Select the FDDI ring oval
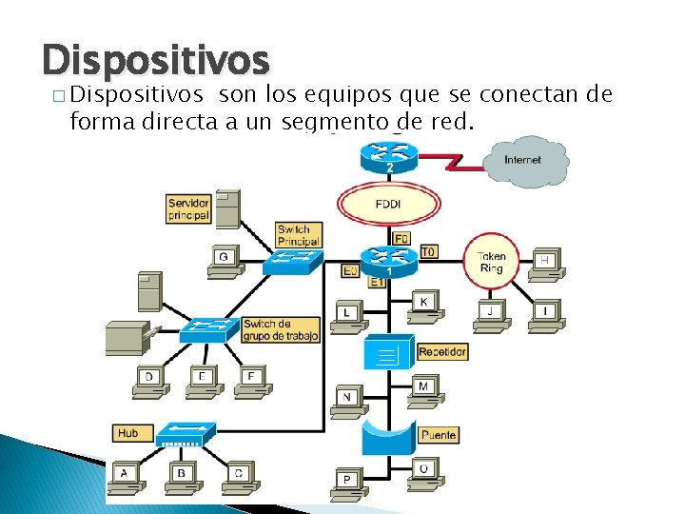[388, 204]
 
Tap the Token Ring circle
[491, 262]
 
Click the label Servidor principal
[188, 209]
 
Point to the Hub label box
[127, 433]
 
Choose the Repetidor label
[442, 352]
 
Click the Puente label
[438, 434]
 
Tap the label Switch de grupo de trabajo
[280, 329]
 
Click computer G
[224, 261]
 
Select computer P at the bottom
[347, 482]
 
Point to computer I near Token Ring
[545, 314]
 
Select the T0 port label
[428, 252]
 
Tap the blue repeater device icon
[387, 353]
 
